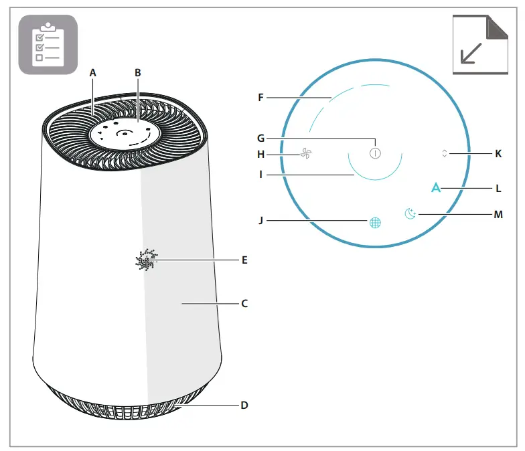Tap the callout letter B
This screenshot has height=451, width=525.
138,72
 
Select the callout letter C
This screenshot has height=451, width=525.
244,303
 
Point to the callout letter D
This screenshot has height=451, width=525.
244,405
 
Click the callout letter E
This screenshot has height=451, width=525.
244,260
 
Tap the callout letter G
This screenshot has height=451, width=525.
261,139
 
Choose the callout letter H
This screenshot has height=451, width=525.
261,155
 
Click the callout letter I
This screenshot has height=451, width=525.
261,175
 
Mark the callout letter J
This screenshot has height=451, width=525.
261,219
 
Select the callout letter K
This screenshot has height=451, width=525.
498,153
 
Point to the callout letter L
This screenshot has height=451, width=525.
498,189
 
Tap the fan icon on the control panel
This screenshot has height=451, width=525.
306,155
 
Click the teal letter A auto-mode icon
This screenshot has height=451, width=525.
436,188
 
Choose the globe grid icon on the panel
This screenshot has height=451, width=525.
375,223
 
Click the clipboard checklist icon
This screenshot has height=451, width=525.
48,43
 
